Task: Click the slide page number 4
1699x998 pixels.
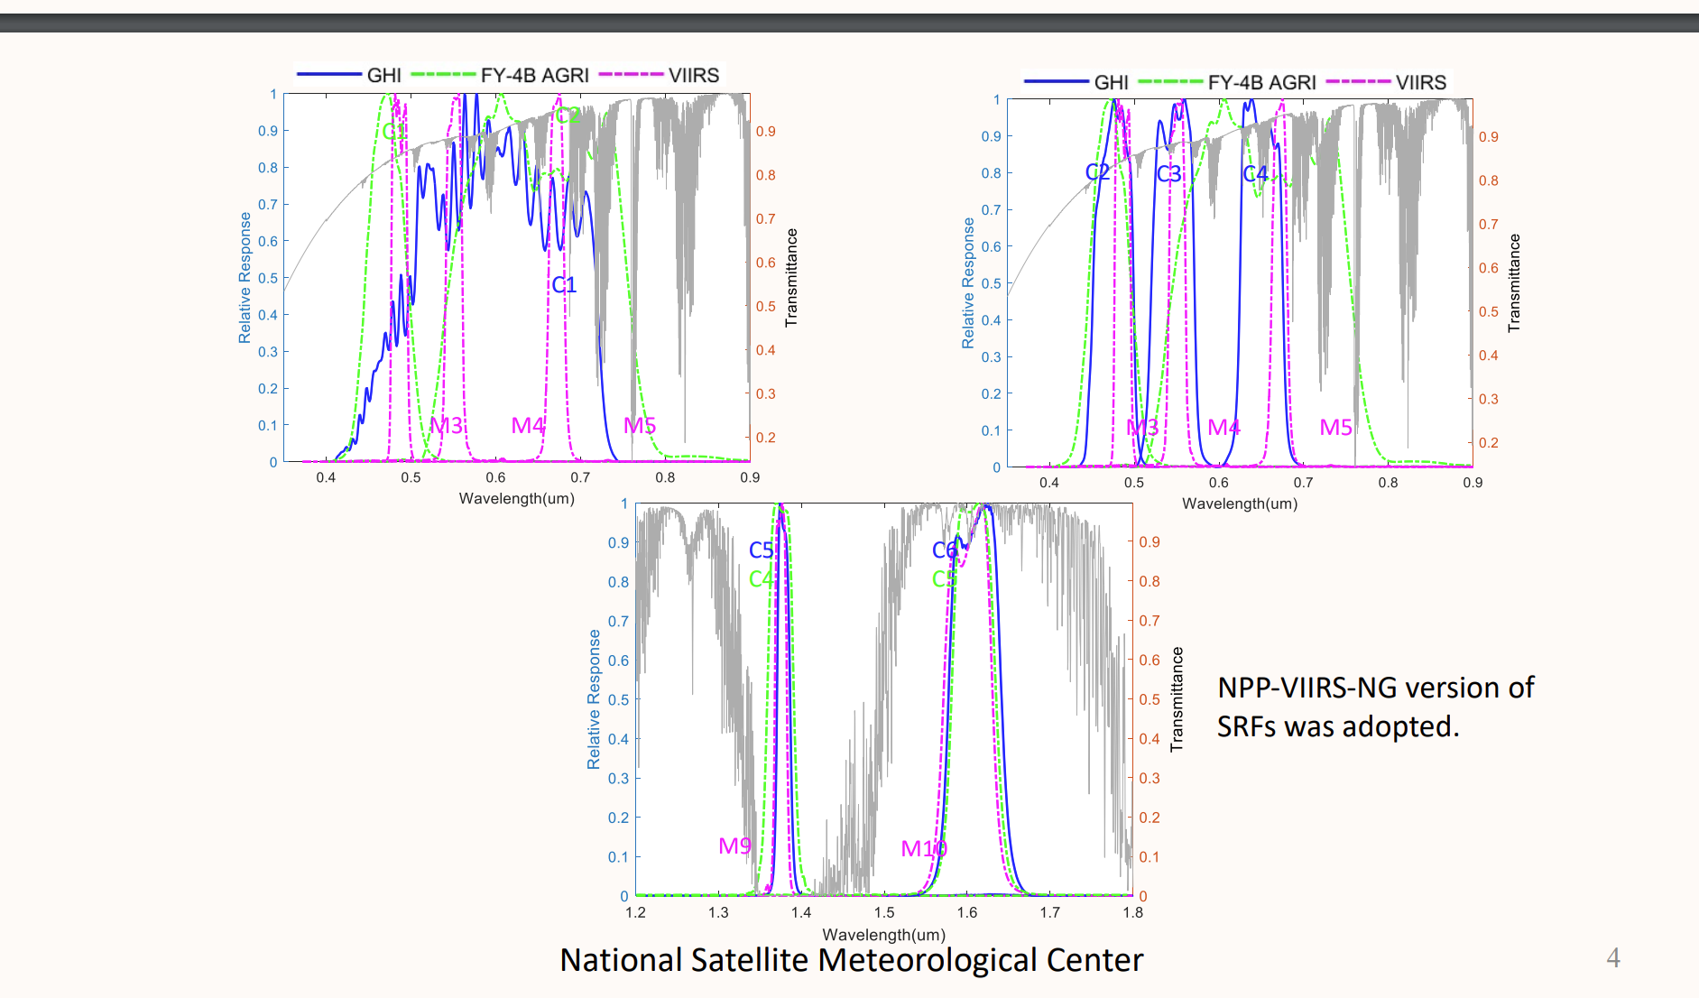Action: point(1613,957)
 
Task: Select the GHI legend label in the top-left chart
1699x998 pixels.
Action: point(383,76)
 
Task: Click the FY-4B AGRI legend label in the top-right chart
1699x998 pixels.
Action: point(1261,83)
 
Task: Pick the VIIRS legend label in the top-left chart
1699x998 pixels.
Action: point(693,76)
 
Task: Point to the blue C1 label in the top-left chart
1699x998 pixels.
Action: point(564,285)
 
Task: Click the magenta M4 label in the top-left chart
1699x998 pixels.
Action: point(528,425)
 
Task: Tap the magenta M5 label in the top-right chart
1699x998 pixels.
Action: point(1335,427)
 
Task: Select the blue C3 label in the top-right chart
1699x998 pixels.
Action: point(1168,173)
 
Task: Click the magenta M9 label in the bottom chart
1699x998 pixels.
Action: point(734,846)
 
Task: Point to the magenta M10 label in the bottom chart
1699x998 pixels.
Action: point(924,848)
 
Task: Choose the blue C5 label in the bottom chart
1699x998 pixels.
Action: point(761,550)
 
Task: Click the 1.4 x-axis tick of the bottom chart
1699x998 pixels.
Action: point(801,912)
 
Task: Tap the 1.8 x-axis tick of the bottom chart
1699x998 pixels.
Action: point(1132,912)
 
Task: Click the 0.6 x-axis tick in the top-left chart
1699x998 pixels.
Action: point(495,477)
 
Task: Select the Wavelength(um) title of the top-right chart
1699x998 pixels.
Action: point(1240,504)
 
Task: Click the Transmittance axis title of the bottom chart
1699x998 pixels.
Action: point(1177,699)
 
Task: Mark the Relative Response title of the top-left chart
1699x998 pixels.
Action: point(245,278)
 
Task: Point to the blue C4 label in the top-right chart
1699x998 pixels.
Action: point(1255,173)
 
